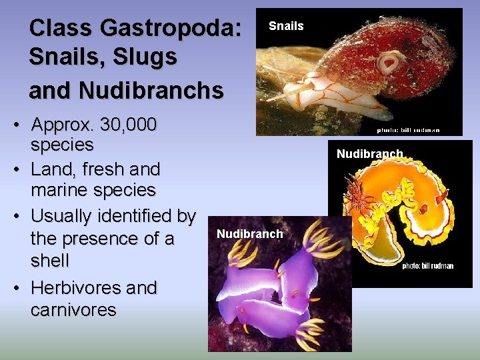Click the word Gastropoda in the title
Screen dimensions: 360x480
tap(170, 28)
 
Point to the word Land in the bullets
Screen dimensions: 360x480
tap(53, 169)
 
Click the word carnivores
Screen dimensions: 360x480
tap(73, 309)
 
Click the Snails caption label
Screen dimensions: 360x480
tap(286, 26)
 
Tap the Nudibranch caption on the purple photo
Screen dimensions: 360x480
tap(250, 234)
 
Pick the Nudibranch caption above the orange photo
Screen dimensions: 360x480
tap(369, 155)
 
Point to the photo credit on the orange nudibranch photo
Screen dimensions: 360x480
tap(427, 266)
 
